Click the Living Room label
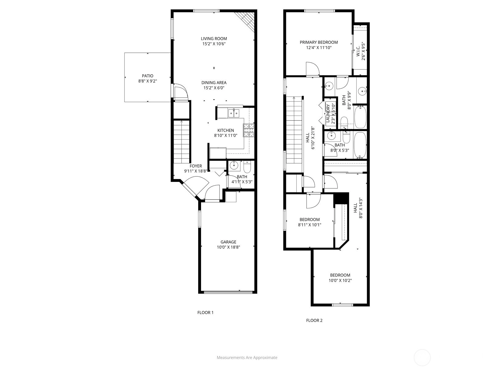[x=214, y=39]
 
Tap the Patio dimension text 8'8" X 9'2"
[x=147, y=81]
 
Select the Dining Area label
[x=214, y=83]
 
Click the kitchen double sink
[x=234, y=113]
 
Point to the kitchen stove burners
[x=249, y=130]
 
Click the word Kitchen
[x=225, y=130]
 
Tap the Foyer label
[x=195, y=166]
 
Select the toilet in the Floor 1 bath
[x=247, y=166]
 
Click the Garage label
[x=228, y=242]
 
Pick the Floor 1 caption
[x=205, y=312]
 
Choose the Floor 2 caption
[x=314, y=321]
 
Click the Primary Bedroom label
[x=319, y=42]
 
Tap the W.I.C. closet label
[x=358, y=51]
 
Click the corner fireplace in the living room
[x=245, y=22]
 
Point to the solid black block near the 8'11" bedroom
[x=341, y=198]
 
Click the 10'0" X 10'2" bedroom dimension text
[x=340, y=280]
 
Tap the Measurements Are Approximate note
[x=247, y=357]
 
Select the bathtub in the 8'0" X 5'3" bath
[x=360, y=145]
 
